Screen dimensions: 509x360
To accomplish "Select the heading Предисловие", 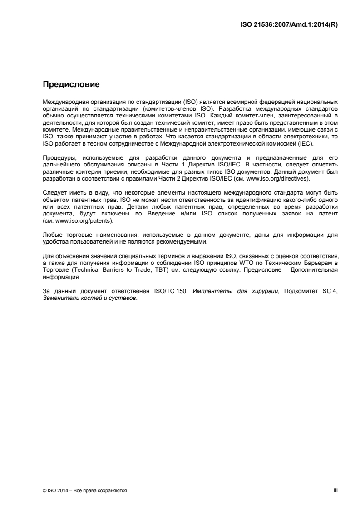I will [71, 84].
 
